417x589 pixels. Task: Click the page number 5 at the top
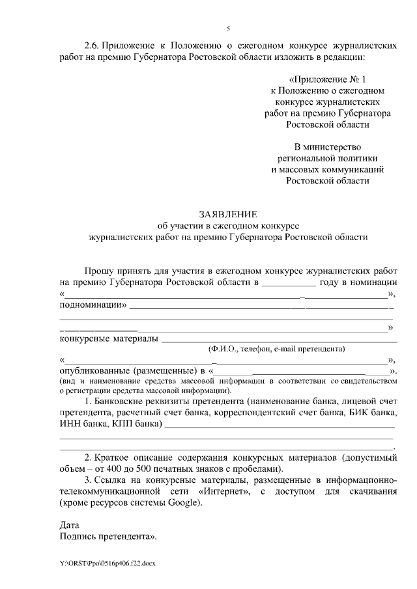(x=227, y=29)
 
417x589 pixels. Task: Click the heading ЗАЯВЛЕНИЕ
(x=228, y=213)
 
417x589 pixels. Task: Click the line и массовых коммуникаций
(x=327, y=169)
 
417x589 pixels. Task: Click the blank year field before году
(x=289, y=282)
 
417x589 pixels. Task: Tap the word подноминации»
(x=94, y=305)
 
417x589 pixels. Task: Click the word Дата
(x=69, y=526)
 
